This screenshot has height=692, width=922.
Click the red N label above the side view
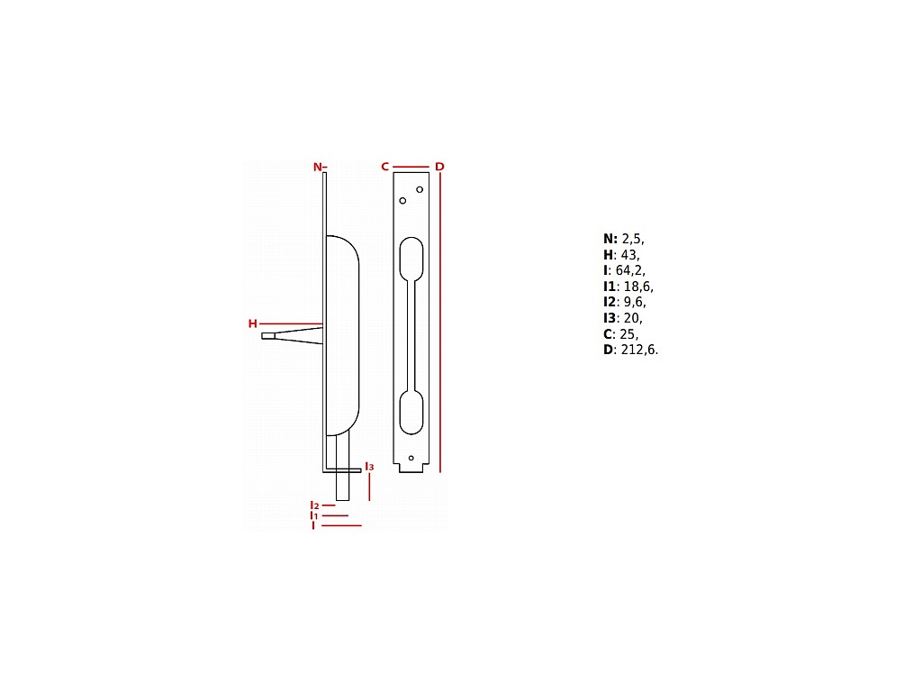pos(318,167)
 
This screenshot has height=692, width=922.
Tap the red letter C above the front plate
pos(385,167)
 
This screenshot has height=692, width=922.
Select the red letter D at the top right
pos(439,167)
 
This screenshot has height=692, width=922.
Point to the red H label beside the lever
pos(253,323)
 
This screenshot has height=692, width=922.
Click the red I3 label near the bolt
pos(369,467)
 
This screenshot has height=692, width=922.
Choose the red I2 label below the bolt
pos(314,505)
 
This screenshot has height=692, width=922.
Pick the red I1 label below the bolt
pos(314,515)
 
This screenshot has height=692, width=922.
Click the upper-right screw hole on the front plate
pos(420,189)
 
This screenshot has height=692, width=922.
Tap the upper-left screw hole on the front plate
pos(402,201)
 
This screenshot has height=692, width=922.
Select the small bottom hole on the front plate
pos(411,458)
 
